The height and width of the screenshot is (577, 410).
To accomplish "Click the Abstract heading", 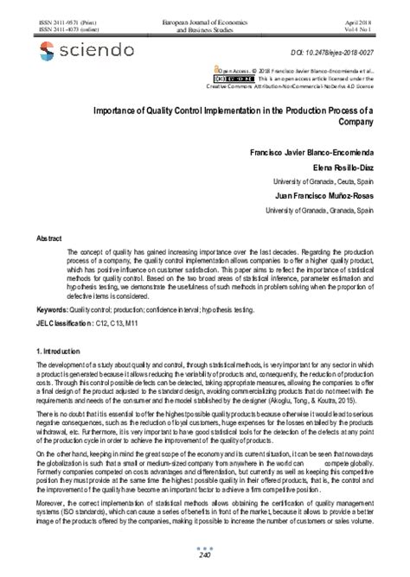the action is [x=48, y=237].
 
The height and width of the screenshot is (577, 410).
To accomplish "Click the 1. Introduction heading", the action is [x=64, y=354].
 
